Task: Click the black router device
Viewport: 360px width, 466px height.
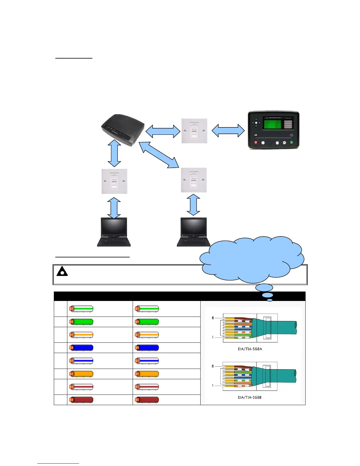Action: pyautogui.click(x=123, y=128)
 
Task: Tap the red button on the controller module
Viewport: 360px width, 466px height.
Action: pyautogui.click(x=256, y=143)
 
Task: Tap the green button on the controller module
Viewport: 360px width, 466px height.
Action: pyautogui.click(x=291, y=143)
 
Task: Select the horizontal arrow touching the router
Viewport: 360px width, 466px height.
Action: pyautogui.click(x=163, y=131)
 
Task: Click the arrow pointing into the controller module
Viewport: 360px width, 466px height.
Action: pyautogui.click(x=228, y=131)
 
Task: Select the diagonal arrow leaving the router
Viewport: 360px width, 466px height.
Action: pyautogui.click(x=159, y=155)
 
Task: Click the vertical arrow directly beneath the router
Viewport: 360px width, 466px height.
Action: pyautogui.click(x=114, y=153)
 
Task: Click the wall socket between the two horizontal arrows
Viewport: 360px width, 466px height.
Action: pyautogui.click(x=194, y=131)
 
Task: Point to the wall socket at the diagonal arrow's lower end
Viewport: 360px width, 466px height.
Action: pyautogui.click(x=194, y=180)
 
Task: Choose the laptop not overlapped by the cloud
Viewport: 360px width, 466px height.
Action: pyautogui.click(x=114, y=232)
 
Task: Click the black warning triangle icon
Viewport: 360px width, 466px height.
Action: pyautogui.click(x=62, y=271)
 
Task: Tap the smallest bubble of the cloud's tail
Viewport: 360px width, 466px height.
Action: pyautogui.click(x=270, y=300)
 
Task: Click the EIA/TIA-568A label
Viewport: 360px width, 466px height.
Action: pyautogui.click(x=250, y=349)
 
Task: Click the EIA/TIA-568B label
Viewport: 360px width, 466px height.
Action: pyautogui.click(x=250, y=397)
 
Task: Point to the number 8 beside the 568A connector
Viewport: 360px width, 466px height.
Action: pyautogui.click(x=213, y=318)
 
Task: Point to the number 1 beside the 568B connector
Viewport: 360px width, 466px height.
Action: pyautogui.click(x=213, y=385)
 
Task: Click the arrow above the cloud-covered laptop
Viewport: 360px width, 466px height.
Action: pyautogui.click(x=193, y=205)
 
